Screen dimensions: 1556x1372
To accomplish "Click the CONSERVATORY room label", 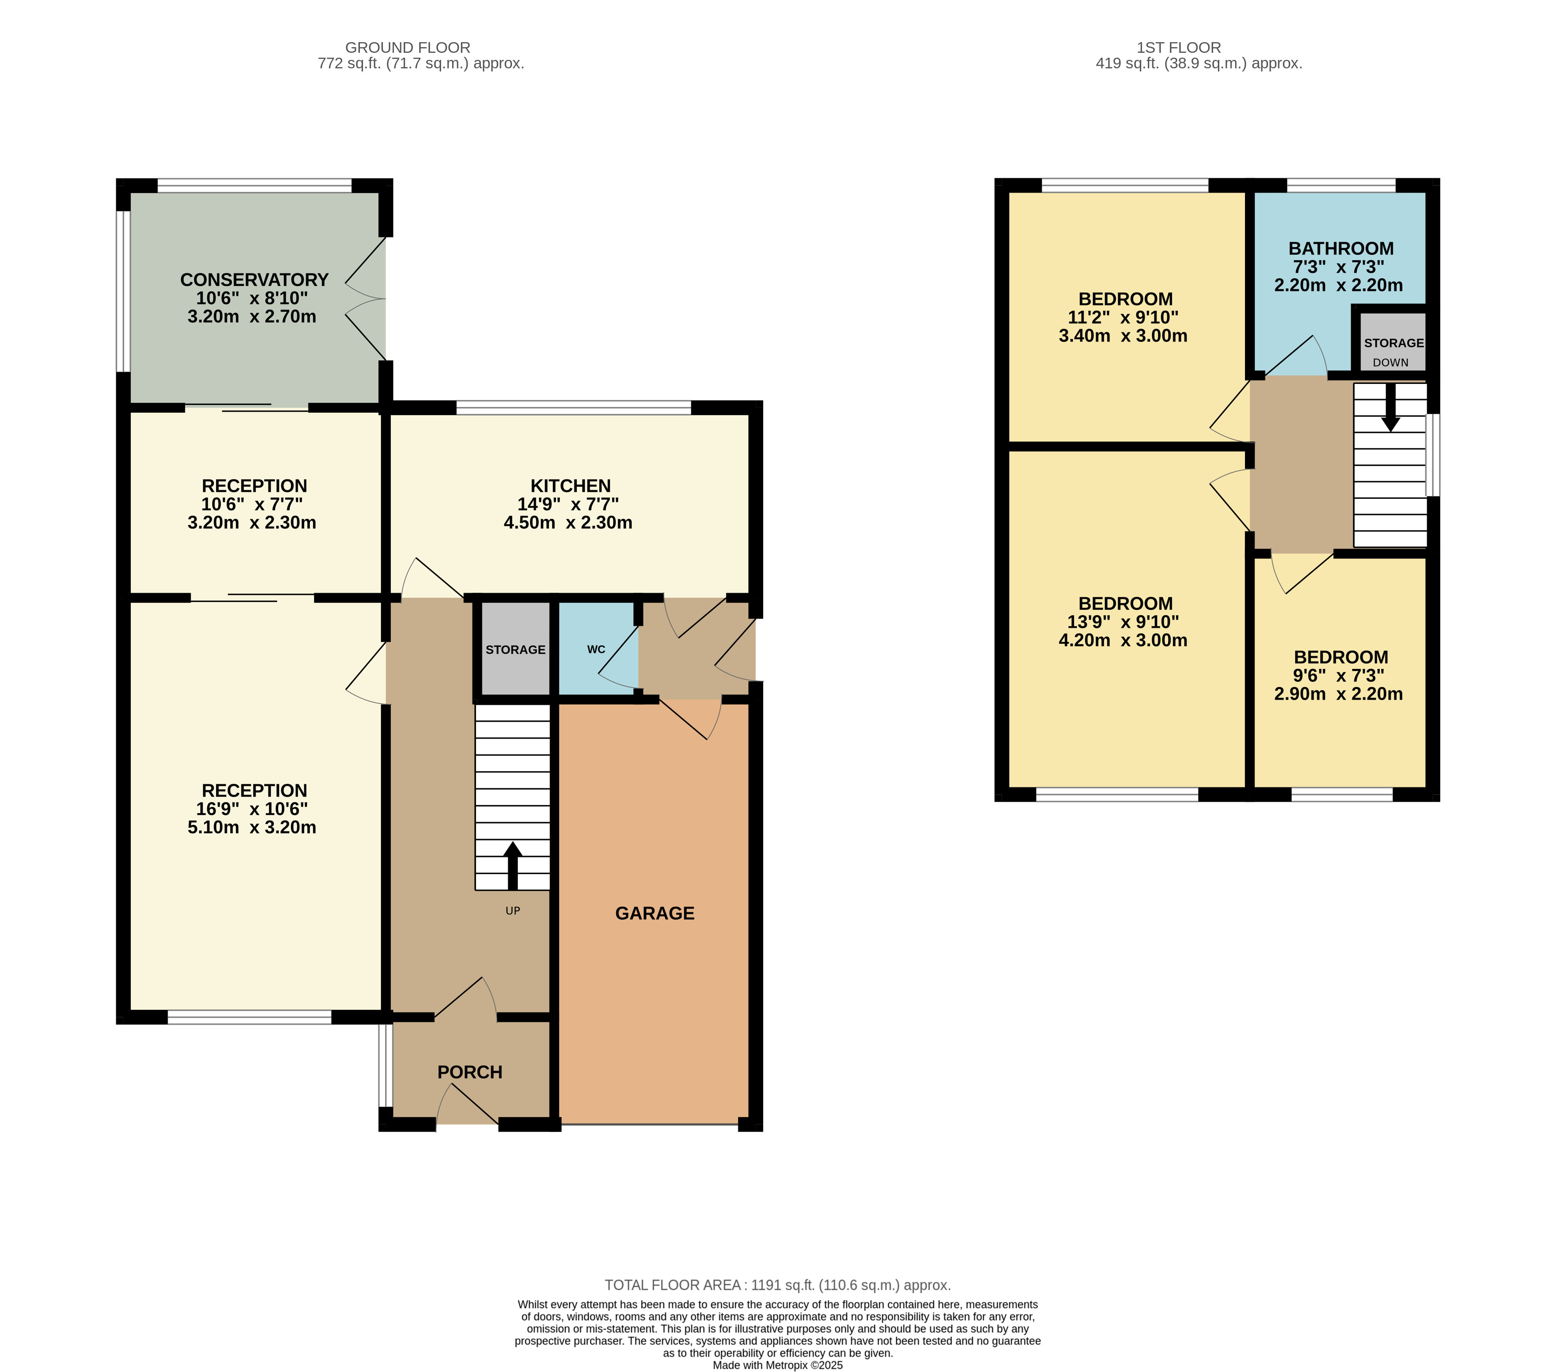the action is (254, 280).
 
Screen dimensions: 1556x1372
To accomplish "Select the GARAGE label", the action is (655, 913).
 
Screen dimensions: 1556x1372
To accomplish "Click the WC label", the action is (596, 649).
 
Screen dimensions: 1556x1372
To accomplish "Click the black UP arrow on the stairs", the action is (513, 866).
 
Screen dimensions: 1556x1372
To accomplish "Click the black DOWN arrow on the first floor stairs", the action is (1391, 407).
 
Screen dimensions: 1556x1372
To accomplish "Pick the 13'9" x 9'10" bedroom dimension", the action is (1123, 622).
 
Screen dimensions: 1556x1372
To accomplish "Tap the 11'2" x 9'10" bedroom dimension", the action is (1123, 317).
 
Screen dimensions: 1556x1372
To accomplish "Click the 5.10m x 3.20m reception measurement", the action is (252, 828).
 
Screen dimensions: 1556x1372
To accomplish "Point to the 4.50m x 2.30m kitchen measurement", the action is (568, 523).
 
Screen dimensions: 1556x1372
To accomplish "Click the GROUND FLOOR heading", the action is (408, 47).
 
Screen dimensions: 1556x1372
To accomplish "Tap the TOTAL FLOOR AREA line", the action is (778, 1285).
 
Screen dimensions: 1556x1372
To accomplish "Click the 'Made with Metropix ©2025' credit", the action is (778, 1365).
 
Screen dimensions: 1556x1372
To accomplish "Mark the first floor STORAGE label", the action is (1394, 344).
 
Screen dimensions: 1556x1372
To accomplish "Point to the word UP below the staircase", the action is (513, 911).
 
